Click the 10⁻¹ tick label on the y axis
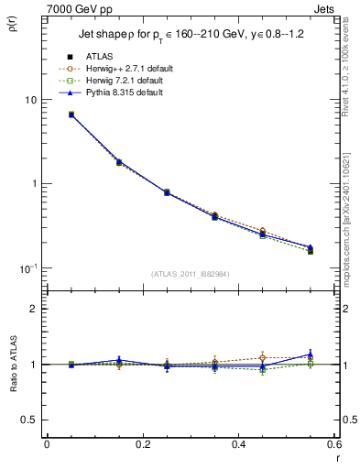[x=28, y=268]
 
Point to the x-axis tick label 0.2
[x=142, y=444]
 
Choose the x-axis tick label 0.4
[x=238, y=444]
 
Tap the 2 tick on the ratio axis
[x=34, y=309]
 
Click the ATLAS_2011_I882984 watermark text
[x=190, y=273]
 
